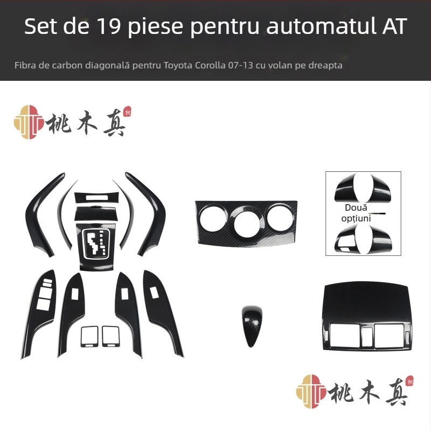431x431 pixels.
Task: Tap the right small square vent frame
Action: coord(111,336)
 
